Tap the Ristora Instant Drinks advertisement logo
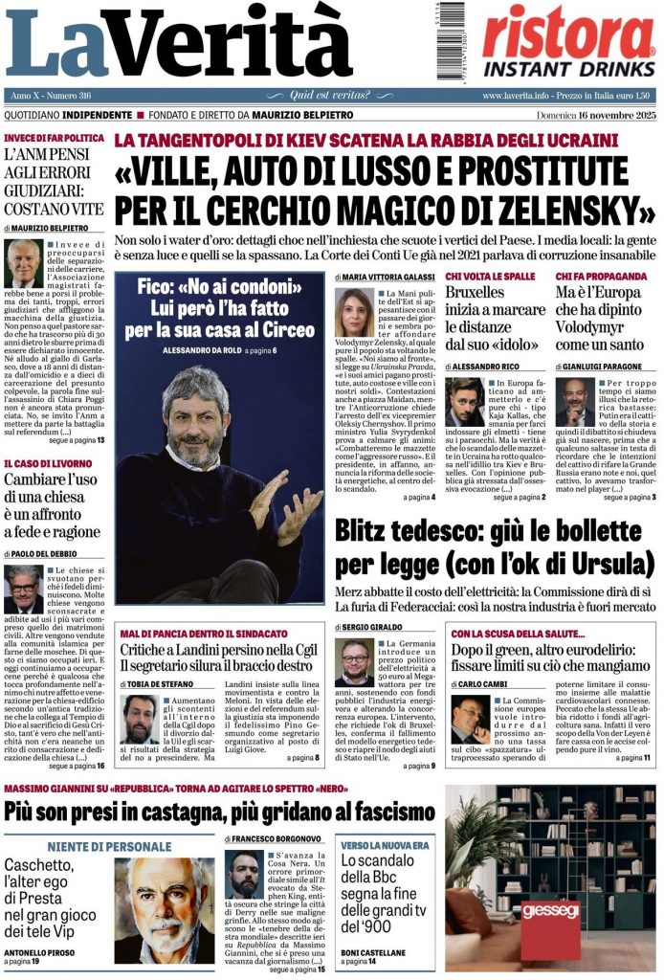[568, 41]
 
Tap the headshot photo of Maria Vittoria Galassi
[354, 311]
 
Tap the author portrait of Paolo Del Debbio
[24, 589]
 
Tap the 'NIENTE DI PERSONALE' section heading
[110, 847]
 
